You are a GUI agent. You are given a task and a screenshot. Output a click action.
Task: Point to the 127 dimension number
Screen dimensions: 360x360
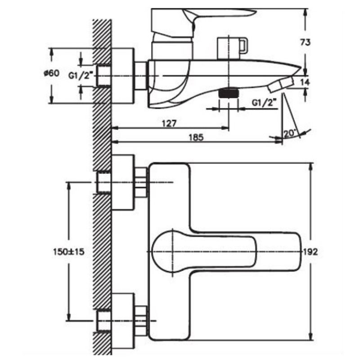169,123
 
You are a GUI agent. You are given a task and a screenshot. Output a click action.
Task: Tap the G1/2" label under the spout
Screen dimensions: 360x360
263,103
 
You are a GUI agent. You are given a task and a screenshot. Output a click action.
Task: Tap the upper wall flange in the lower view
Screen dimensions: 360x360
123,182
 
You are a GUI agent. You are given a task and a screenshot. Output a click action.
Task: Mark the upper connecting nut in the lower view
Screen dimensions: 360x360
141,182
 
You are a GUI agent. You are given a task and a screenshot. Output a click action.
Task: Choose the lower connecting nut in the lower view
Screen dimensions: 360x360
141,320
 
